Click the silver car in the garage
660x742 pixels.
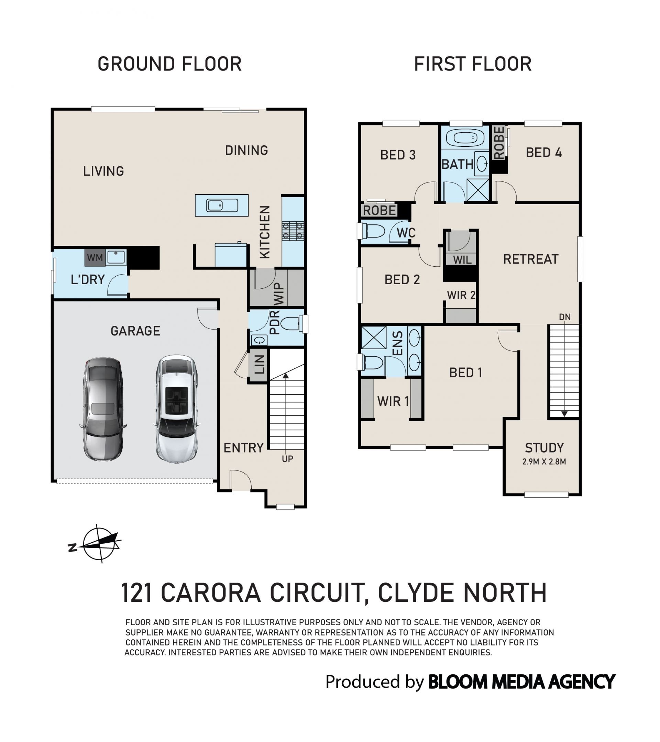(103, 409)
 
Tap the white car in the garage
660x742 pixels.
(177, 408)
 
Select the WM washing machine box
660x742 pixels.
(95, 258)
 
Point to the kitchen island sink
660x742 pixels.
(222, 206)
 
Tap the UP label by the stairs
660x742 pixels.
(287, 459)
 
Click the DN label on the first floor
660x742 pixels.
(565, 317)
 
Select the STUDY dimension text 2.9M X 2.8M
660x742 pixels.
(544, 462)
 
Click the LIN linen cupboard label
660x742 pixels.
(259, 364)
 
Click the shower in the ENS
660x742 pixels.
(374, 338)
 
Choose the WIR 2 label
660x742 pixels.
(461, 295)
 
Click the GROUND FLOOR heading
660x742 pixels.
(169, 64)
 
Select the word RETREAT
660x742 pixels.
(531, 259)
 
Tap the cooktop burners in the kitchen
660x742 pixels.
(293, 231)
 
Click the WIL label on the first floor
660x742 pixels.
(462, 260)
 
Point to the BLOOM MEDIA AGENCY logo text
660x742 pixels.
(522, 682)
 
